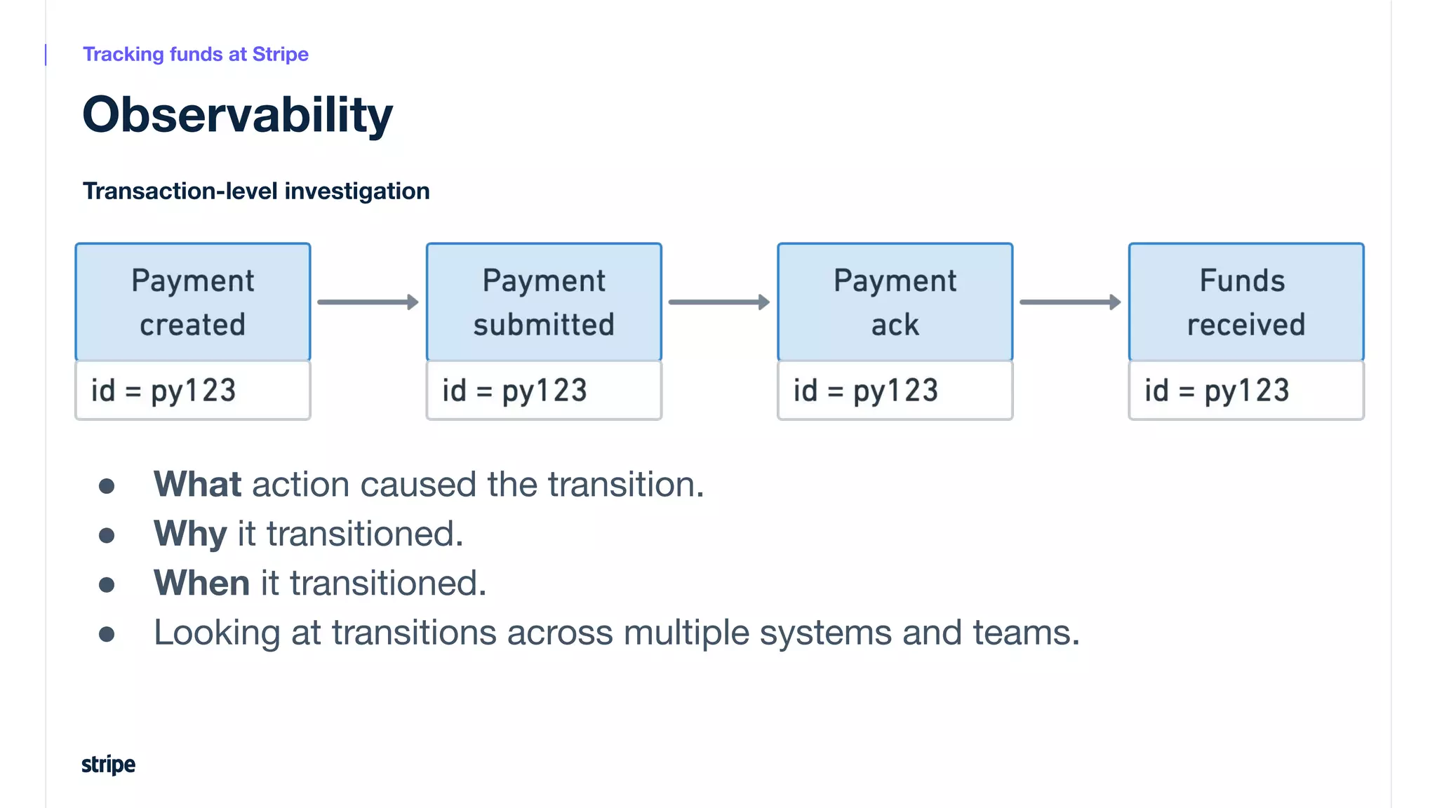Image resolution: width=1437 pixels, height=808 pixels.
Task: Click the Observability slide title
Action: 237,115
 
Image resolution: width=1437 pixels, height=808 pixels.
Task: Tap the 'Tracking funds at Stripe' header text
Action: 196,54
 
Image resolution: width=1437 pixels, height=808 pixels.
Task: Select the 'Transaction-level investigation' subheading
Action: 256,191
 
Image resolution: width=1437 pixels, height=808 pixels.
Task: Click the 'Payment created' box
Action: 193,302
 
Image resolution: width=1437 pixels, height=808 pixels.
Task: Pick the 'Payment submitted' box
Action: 544,302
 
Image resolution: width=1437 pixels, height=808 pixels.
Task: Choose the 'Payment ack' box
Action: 895,302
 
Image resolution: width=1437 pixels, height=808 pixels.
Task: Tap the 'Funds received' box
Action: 1246,302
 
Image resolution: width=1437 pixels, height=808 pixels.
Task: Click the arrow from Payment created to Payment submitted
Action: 368,302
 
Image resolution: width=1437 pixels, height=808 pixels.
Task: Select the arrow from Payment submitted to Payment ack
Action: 719,302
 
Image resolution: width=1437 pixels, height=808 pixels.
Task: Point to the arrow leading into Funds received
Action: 1070,302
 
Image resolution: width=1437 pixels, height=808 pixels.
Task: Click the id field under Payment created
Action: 193,391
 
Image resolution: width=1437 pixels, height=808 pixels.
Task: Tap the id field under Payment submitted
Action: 544,391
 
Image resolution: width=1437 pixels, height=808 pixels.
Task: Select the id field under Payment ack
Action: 895,391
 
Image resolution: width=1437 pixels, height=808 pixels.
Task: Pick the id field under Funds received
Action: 1246,391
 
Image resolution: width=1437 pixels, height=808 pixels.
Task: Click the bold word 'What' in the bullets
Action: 197,484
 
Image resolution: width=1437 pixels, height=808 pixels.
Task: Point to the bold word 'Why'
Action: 190,534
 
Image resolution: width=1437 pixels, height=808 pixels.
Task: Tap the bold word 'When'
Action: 201,583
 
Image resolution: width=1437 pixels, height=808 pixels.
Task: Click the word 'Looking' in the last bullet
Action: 217,633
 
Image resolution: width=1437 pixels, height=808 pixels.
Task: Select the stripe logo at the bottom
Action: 108,764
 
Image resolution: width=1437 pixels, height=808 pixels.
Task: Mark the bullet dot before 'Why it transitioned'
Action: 107,536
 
